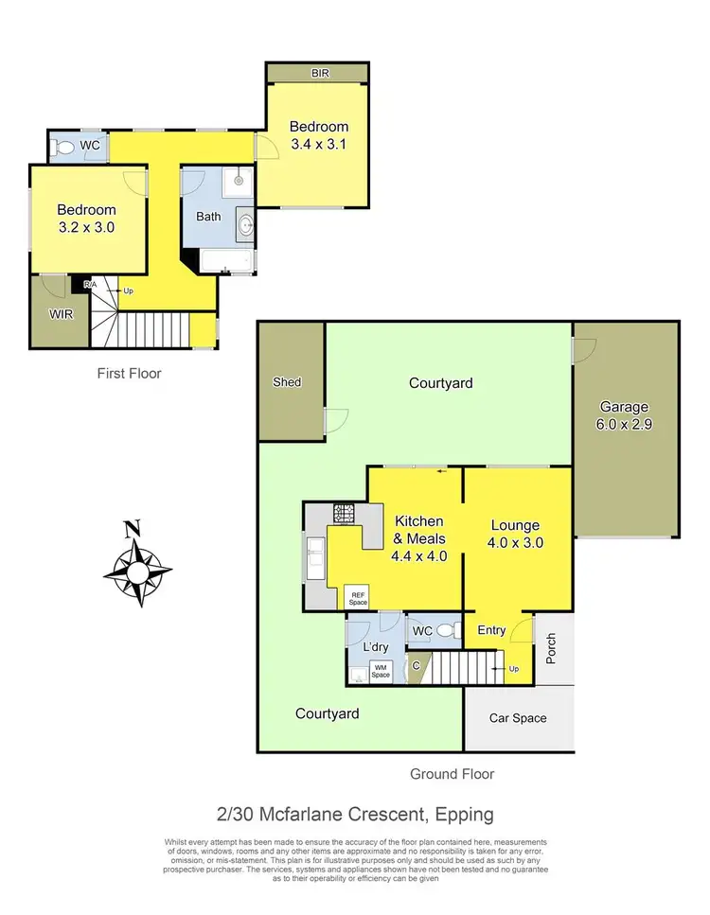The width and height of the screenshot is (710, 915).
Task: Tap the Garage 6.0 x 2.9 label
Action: tap(625, 416)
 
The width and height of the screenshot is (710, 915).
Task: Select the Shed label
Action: tap(287, 382)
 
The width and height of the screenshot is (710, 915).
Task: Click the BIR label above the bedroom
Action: tap(317, 72)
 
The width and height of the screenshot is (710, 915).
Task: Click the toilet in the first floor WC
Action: tap(64, 147)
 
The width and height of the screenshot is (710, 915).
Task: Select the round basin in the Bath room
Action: tap(245, 225)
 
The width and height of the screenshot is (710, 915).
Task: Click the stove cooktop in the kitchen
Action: tap(342, 514)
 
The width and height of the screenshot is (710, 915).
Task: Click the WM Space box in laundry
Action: tap(380, 671)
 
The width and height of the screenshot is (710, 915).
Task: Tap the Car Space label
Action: tap(517, 718)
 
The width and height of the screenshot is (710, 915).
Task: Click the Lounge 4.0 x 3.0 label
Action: tap(515, 534)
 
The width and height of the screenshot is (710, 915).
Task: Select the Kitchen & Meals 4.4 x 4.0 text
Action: tap(418, 538)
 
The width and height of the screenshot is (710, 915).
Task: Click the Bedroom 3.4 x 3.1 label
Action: tap(319, 135)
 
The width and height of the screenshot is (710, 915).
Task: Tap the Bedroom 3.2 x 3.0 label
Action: tap(86, 219)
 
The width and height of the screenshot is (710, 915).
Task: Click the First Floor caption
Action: tap(130, 374)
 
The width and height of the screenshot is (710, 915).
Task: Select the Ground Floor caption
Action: tap(452, 774)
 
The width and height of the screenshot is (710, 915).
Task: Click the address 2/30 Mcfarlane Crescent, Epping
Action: tap(354, 814)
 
